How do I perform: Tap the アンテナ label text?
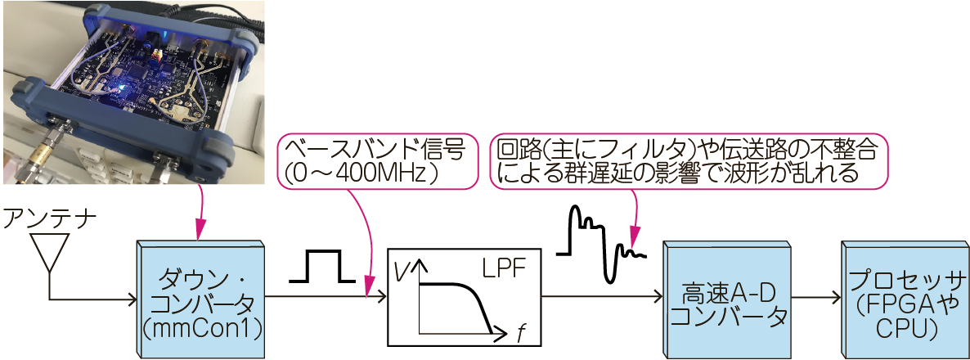pos(50,218)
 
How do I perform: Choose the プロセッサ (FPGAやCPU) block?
pos(904,298)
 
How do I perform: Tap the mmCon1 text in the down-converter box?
pos(200,329)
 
